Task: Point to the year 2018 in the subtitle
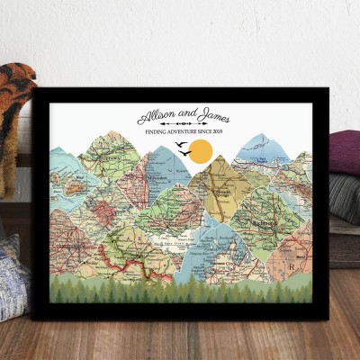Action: [218, 133]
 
